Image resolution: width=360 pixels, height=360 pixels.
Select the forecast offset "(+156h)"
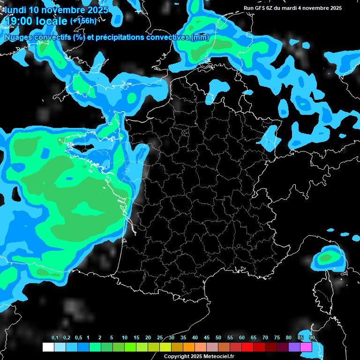[83, 21]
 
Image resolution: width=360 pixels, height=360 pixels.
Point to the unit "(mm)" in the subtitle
[200, 37]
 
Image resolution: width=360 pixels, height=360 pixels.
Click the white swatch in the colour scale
[48, 347]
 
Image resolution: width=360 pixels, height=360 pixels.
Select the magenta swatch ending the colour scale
[306, 347]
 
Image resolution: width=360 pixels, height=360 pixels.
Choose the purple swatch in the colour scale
[294, 347]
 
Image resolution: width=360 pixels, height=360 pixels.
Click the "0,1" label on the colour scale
[55, 337]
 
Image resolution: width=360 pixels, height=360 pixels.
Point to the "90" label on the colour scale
[312, 337]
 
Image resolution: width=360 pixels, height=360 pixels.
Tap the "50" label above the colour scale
[218, 337]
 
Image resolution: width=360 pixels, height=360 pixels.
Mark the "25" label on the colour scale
[160, 337]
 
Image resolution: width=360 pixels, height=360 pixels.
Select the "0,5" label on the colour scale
[78, 337]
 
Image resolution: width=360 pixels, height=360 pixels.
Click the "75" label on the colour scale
[277, 337]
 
